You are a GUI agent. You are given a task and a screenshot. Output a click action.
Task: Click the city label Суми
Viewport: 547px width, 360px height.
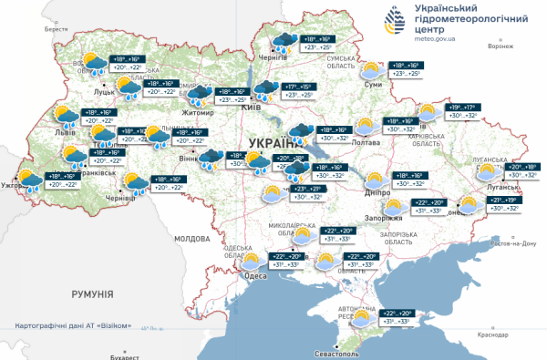tap(373, 84)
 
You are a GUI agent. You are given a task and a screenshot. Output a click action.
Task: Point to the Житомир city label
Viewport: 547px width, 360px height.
tap(199, 112)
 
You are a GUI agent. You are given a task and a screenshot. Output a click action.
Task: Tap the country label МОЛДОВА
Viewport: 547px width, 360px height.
tap(191, 238)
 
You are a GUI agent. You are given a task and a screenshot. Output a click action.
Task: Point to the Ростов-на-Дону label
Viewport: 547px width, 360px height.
tap(512, 243)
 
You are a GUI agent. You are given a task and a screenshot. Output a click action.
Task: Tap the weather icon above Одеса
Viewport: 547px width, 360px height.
tap(252, 263)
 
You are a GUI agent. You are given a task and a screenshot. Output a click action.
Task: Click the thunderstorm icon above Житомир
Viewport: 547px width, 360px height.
tap(200, 96)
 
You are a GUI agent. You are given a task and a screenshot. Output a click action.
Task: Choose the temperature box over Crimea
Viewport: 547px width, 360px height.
tap(399, 316)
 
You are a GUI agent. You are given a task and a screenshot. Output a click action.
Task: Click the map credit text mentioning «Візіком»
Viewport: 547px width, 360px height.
tap(79, 325)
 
